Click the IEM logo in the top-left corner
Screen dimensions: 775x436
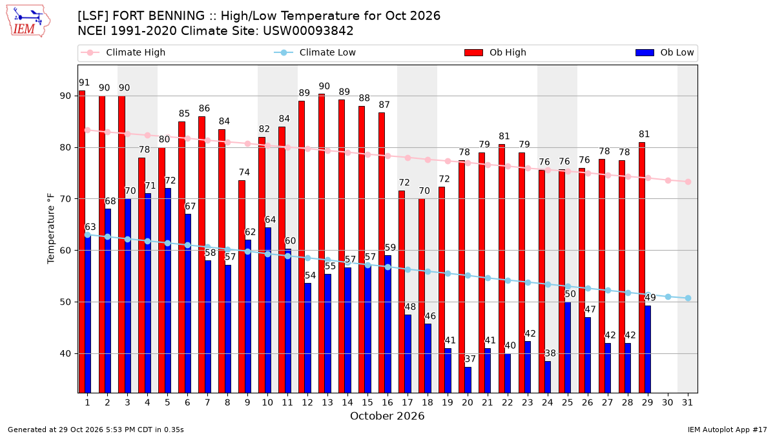pyautogui.click(x=28, y=21)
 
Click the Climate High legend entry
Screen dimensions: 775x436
pyautogui.click(x=123, y=52)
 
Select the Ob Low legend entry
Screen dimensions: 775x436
pyautogui.click(x=665, y=52)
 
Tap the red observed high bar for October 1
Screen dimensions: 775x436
pyautogui.click(x=82, y=242)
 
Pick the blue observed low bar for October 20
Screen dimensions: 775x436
pyautogui.click(x=468, y=380)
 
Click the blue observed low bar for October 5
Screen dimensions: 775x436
pyautogui.click(x=168, y=291)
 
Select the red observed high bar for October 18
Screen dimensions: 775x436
pyautogui.click(x=422, y=296)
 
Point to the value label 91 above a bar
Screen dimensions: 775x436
pyautogui.click(x=84, y=83)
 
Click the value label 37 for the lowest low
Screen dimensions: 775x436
pyautogui.click(x=470, y=359)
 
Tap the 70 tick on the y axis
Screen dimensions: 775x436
pyautogui.click(x=65, y=199)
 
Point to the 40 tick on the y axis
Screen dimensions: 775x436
pyautogui.click(x=65, y=354)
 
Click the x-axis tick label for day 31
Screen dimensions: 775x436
pyautogui.click(x=687, y=402)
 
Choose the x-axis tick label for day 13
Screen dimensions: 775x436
pyautogui.click(x=327, y=402)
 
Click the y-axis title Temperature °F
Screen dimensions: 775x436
pyautogui.click(x=51, y=229)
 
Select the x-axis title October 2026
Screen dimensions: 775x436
pyautogui.click(x=387, y=416)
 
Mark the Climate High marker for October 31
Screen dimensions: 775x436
pyautogui.click(x=688, y=182)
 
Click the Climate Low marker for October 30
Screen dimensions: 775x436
pyautogui.click(x=668, y=297)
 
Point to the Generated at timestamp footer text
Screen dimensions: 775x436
pyautogui.click(x=96, y=430)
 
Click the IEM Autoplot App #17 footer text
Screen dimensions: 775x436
pyautogui.click(x=727, y=430)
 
